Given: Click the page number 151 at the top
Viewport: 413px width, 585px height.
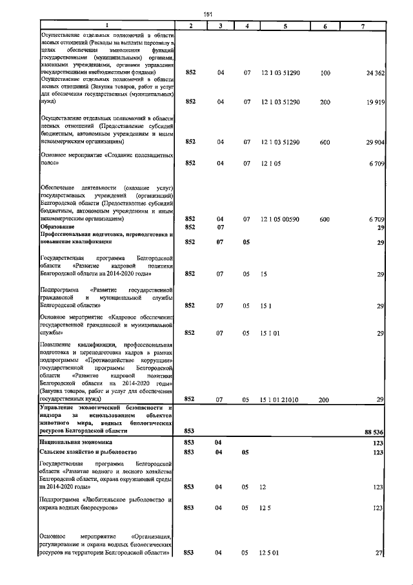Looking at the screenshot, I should point(208,13).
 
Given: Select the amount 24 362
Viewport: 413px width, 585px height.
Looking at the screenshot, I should point(375,74).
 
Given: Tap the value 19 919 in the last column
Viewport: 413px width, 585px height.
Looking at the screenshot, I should point(375,101).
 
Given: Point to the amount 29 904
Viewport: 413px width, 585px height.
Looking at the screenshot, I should point(375,142).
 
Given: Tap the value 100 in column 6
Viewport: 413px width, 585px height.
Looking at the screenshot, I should point(325,74).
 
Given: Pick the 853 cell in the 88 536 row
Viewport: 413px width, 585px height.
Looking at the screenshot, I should point(190,430).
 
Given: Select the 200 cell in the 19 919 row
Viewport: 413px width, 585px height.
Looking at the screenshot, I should point(325,101).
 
